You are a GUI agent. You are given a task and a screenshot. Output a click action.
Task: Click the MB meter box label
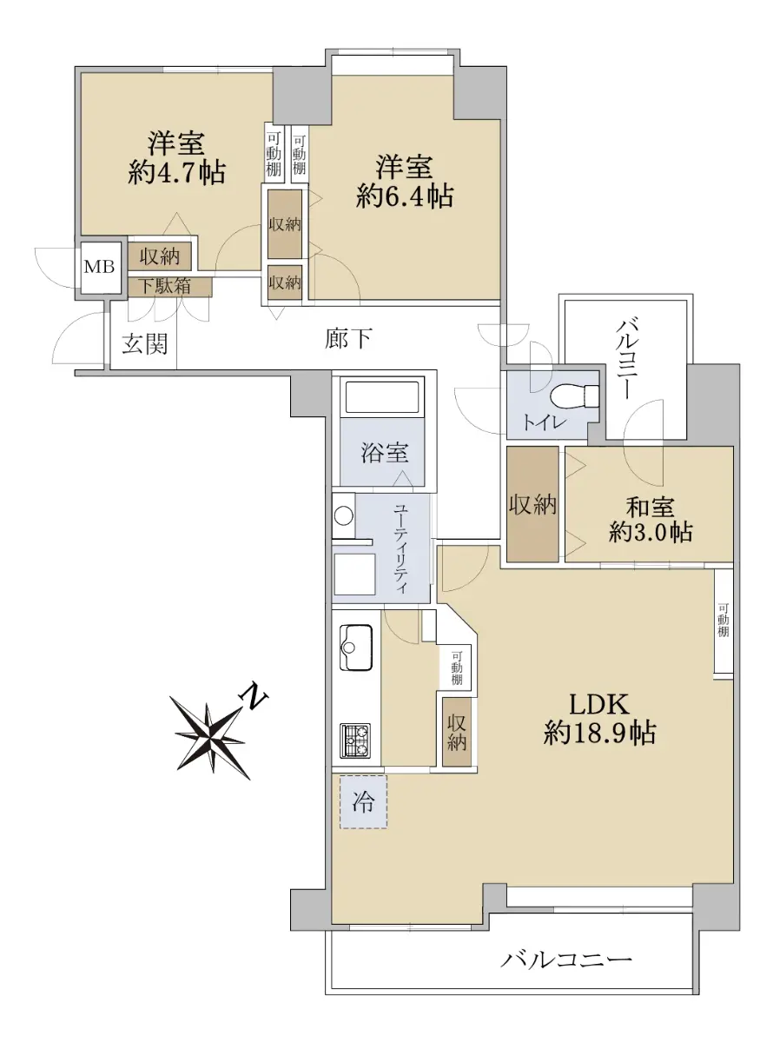pyautogui.click(x=99, y=268)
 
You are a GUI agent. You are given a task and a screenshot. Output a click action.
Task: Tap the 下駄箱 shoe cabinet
pyautogui.click(x=169, y=286)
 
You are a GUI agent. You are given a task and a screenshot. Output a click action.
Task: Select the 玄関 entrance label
pyautogui.click(x=145, y=343)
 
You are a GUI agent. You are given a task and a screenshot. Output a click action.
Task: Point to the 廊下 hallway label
pyautogui.click(x=348, y=338)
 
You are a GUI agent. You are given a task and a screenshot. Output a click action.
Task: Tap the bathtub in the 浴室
pyautogui.click(x=382, y=396)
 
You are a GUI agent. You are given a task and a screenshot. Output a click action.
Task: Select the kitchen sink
pyautogui.click(x=356, y=648)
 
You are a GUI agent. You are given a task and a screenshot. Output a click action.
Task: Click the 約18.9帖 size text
pyautogui.click(x=599, y=733)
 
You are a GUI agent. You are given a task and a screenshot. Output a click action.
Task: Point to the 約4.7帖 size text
pyautogui.click(x=176, y=173)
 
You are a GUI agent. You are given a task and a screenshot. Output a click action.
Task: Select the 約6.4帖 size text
pyautogui.click(x=405, y=196)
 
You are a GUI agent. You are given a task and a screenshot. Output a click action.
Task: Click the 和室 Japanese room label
pyautogui.click(x=651, y=508)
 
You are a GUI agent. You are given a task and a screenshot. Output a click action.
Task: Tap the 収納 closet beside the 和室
pyautogui.click(x=532, y=504)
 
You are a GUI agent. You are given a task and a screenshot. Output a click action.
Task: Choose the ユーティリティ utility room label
pyautogui.click(x=403, y=548)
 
